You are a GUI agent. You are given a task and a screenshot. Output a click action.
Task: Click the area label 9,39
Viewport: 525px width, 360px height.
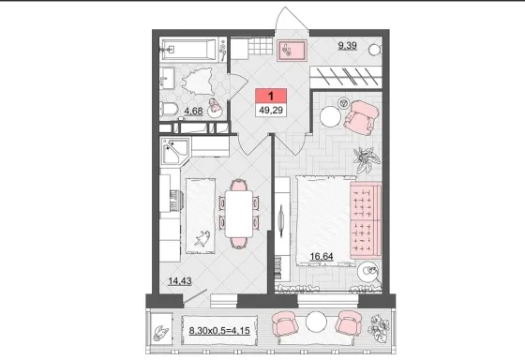click(347, 45)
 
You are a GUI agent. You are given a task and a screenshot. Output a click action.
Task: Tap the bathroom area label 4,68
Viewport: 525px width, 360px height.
click(193, 111)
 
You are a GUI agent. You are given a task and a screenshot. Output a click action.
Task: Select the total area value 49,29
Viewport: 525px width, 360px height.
click(271, 110)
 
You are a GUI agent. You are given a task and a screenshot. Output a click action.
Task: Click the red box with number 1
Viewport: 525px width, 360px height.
click(271, 97)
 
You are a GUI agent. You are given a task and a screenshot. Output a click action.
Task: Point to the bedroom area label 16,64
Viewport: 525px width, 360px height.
click(322, 257)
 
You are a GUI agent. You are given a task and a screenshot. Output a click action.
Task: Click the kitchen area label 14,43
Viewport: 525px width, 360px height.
click(180, 281)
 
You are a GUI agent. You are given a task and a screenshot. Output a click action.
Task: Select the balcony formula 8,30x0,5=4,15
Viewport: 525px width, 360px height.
click(219, 331)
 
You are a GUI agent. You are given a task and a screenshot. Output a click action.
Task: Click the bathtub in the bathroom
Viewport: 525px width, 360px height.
click(190, 50)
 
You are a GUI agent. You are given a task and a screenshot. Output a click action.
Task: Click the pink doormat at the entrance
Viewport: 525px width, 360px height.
click(292, 51)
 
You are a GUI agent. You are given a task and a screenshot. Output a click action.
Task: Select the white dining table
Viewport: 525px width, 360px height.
click(239, 214)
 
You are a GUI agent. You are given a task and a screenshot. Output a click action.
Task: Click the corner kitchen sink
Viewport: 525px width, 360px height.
click(175, 151)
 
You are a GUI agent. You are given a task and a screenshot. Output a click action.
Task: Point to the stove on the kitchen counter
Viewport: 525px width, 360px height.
click(173, 201)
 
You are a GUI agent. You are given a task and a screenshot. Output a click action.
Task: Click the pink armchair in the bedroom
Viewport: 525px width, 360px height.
click(361, 117)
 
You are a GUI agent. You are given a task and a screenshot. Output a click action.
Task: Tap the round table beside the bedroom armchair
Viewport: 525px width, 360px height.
click(330, 116)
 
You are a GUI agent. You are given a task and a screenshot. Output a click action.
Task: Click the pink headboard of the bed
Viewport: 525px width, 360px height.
click(366, 221)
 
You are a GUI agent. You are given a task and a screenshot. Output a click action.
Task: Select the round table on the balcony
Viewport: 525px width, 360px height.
click(316, 322)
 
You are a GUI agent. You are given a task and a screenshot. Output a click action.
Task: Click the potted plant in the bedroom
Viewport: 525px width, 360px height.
click(367, 158)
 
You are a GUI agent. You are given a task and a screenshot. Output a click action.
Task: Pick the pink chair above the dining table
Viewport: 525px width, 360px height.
click(239, 185)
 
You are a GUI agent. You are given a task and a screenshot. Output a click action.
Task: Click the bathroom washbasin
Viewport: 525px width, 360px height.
click(167, 78)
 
